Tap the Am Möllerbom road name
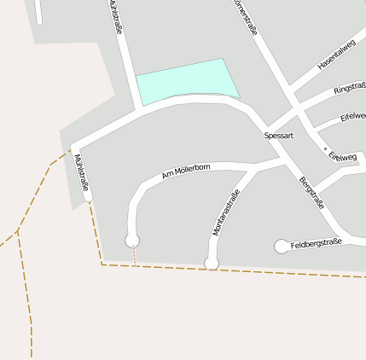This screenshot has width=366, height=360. [186, 171]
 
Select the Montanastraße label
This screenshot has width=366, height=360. [225, 212]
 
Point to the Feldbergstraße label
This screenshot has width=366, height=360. [316, 244]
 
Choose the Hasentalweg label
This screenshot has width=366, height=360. [336, 55]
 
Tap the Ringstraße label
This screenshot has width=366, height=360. [350, 88]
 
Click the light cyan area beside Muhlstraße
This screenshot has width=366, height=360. [186, 80]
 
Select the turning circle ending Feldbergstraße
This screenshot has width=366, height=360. [282, 247]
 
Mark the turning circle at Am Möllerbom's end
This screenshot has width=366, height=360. [132, 241]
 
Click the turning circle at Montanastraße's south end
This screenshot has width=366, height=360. [212, 263]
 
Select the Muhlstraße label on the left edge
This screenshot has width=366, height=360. [82, 172]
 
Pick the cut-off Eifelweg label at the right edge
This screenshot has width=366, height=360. [352, 116]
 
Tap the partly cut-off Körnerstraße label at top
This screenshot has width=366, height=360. [244, 13]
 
